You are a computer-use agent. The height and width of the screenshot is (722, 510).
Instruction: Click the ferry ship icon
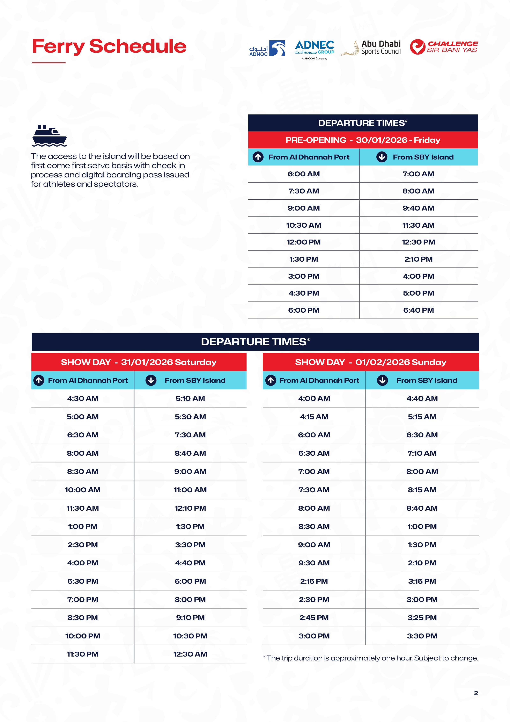pyautogui.click(x=49, y=136)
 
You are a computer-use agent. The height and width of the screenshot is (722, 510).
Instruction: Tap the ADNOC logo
pyautogui.click(x=267, y=48)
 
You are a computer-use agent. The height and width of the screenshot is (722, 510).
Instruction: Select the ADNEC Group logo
pyautogui.click(x=314, y=49)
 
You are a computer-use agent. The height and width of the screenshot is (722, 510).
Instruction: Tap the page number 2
pyautogui.click(x=476, y=693)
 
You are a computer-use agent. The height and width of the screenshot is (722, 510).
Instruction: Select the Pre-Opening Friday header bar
pyautogui.click(x=363, y=140)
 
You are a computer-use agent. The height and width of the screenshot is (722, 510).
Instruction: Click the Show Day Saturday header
pyautogui.click(x=139, y=362)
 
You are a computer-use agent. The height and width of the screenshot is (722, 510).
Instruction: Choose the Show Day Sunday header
pyautogui.click(x=371, y=362)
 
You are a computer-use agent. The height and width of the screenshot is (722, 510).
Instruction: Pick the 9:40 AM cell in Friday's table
pyautogui.click(x=418, y=208)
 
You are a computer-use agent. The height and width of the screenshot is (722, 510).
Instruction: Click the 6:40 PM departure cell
pyautogui.click(x=418, y=310)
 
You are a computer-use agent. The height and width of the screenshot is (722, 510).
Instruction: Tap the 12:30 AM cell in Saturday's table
pyautogui.click(x=190, y=654)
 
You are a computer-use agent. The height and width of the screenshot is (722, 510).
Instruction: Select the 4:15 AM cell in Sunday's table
pyautogui.click(x=314, y=417)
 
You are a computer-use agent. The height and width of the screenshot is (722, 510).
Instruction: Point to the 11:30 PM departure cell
pyautogui.click(x=83, y=654)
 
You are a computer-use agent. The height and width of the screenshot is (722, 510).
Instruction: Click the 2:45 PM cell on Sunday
pyautogui.click(x=314, y=618)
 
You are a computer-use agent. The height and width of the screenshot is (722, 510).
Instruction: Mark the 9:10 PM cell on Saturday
pyautogui.click(x=190, y=618)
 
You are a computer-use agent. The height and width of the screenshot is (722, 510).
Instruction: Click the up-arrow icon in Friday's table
pyautogui.click(x=258, y=157)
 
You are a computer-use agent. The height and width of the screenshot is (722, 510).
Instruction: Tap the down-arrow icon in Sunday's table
pyautogui.click(x=382, y=380)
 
